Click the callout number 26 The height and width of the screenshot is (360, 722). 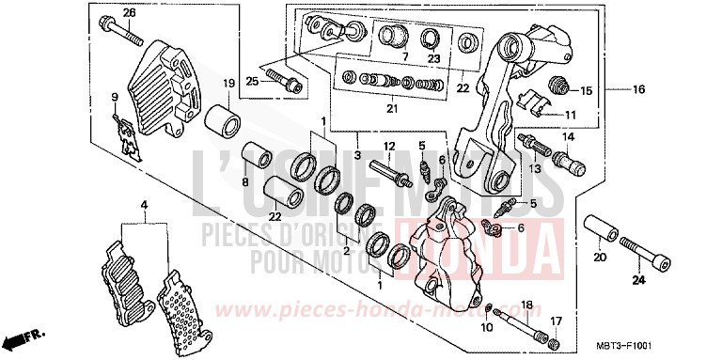pos(130,12)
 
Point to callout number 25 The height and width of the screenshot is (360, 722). pos(253,82)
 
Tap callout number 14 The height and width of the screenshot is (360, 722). pos(568,136)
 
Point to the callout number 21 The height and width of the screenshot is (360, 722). pos(391,110)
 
